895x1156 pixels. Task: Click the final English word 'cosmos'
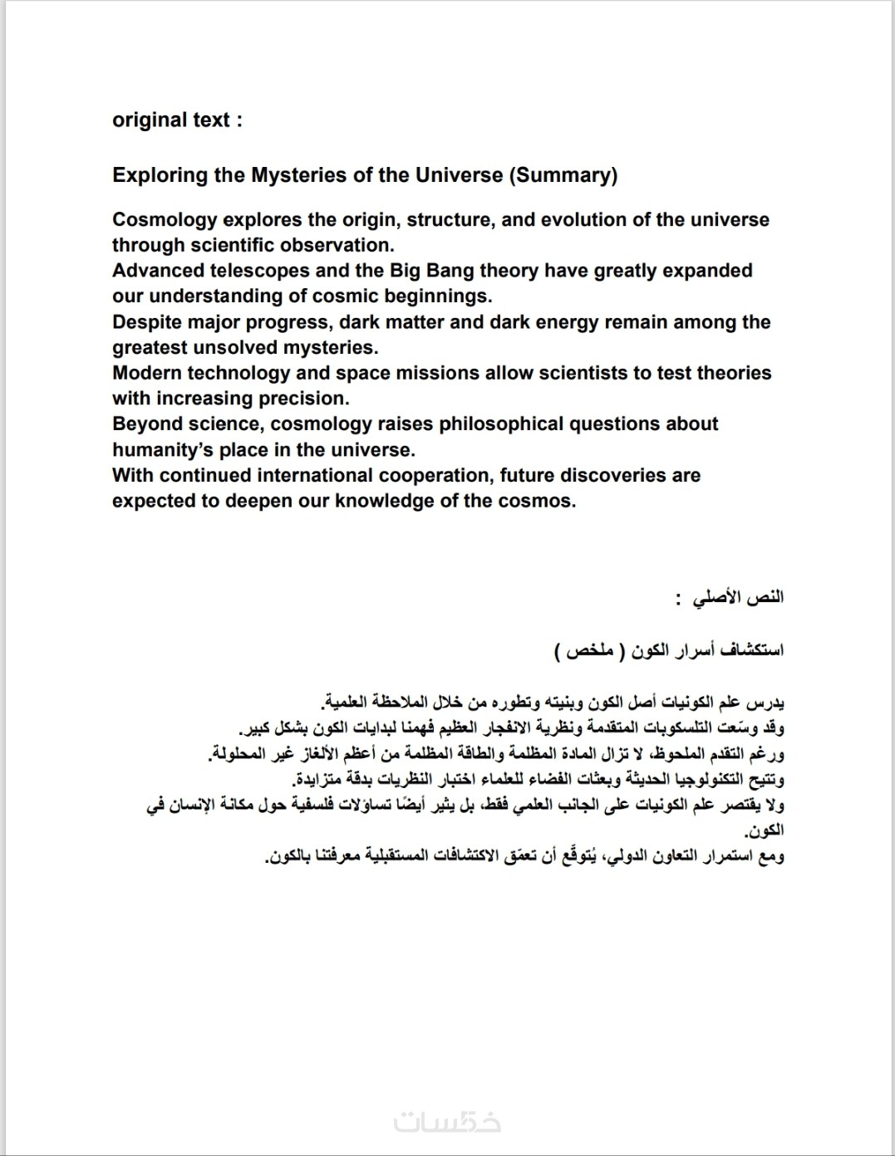tap(543, 502)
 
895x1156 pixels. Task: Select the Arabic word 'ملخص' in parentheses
tap(591, 650)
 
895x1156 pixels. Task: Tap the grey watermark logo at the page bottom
tap(447, 1123)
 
